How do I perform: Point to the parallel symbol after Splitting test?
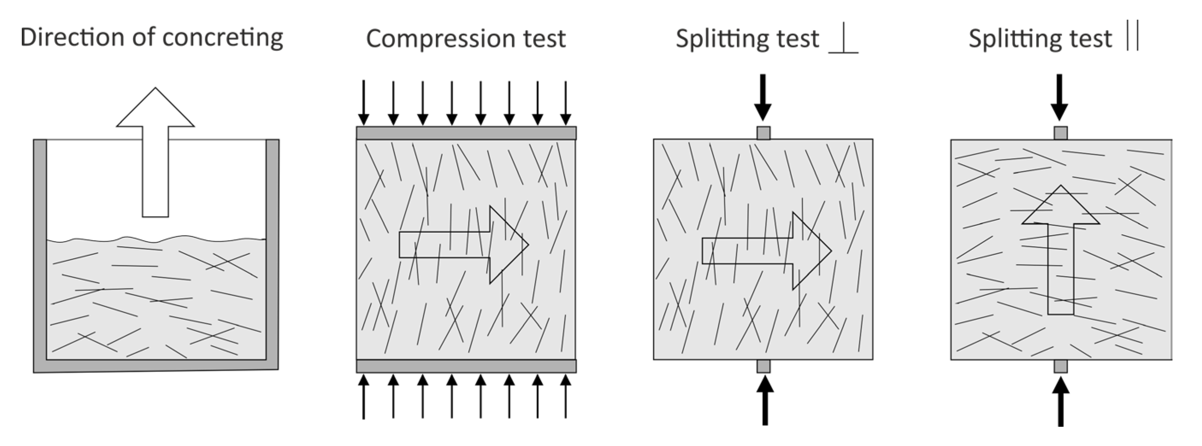[1132, 36]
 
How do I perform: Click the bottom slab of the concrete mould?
[157, 366]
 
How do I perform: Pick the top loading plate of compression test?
[466, 133]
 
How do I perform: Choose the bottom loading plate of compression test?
[466, 366]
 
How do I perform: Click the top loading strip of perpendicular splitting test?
[763, 133]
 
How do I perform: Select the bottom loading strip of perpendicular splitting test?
[763, 366]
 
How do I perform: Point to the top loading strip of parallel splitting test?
[1060, 133]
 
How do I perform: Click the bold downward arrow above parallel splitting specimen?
[1059, 98]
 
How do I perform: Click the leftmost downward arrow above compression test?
[363, 103]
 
